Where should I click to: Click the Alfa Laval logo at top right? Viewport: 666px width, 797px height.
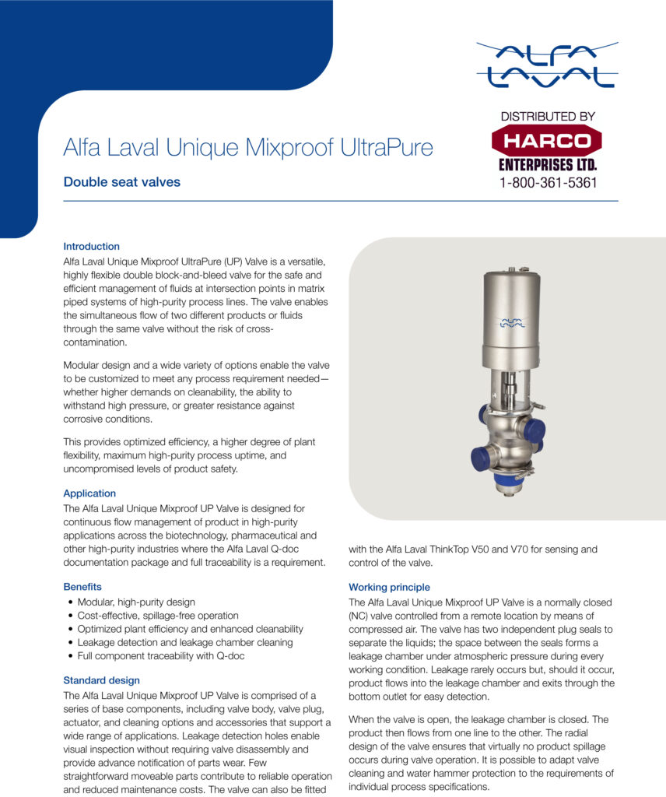[x=547, y=65]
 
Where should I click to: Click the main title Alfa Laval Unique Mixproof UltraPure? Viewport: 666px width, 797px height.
[x=248, y=147]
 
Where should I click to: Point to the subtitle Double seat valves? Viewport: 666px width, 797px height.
[x=121, y=182]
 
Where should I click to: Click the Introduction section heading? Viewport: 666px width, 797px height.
[x=91, y=246]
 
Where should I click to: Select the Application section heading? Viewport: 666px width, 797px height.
[x=89, y=493]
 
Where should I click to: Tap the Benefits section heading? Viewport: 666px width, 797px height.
[x=82, y=586]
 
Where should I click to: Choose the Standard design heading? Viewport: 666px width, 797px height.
[x=102, y=679]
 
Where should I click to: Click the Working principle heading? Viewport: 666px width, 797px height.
[x=389, y=587]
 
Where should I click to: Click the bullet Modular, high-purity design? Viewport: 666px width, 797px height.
[x=136, y=602]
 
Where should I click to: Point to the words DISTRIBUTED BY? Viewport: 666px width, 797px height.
[x=547, y=116]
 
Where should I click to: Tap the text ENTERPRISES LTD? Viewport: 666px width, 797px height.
[x=547, y=165]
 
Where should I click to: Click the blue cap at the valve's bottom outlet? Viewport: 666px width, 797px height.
[x=506, y=489]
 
